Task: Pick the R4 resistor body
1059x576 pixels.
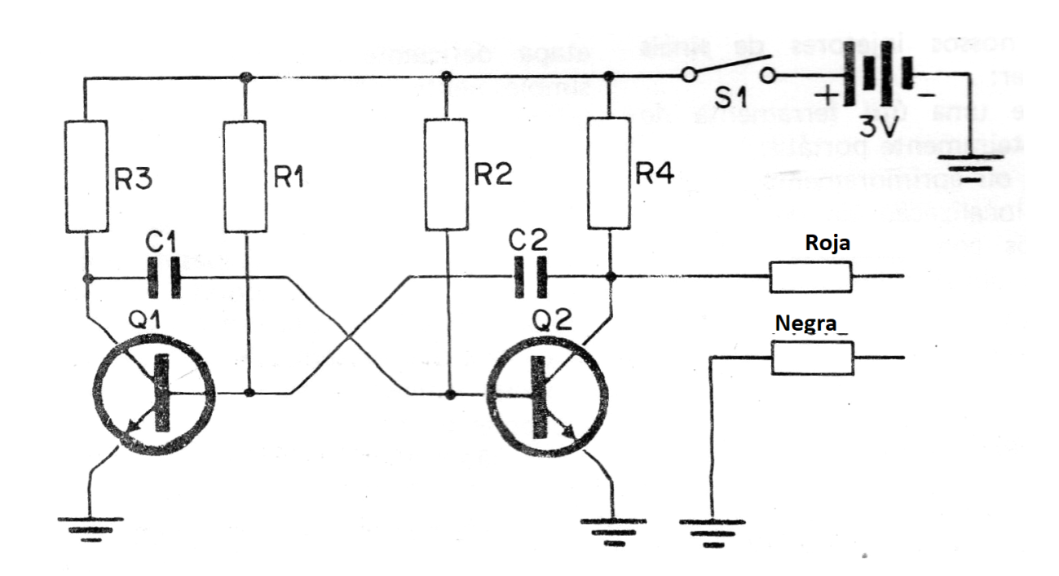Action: coord(611,173)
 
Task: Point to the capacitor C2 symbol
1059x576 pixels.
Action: coord(530,278)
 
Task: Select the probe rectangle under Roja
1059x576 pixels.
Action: coord(811,278)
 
